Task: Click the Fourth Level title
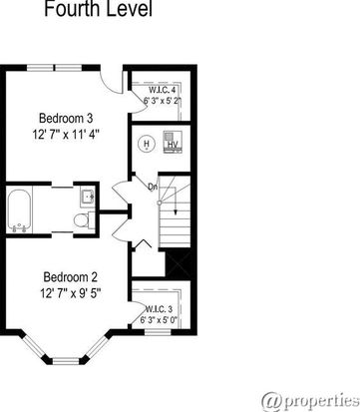click(x=99, y=9)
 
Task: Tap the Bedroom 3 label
click(x=66, y=118)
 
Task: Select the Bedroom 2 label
click(x=70, y=277)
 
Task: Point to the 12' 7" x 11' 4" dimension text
click(x=66, y=135)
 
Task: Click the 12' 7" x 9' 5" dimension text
click(x=70, y=293)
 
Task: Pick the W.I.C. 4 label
click(x=162, y=90)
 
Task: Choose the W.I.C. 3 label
click(x=159, y=309)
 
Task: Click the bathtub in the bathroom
click(x=19, y=210)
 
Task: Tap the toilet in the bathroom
click(x=83, y=220)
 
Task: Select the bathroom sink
click(x=88, y=198)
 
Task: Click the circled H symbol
click(x=146, y=144)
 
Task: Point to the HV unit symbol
click(x=173, y=143)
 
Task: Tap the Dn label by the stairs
click(x=153, y=188)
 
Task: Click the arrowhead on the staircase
click(x=176, y=212)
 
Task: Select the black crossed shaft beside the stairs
click(x=178, y=264)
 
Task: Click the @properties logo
click(x=310, y=402)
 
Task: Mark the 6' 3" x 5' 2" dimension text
click(x=163, y=101)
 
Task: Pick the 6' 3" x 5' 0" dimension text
click(x=159, y=320)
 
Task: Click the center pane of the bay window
click(x=66, y=361)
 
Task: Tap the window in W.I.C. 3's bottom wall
click(x=158, y=332)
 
